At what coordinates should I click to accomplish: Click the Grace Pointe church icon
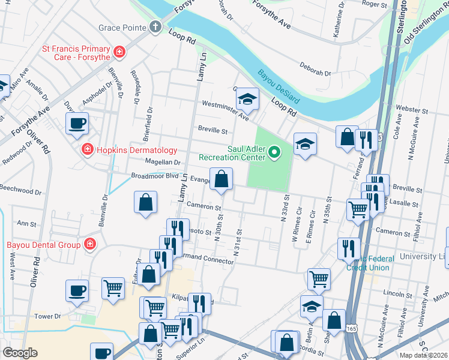pos(155,27)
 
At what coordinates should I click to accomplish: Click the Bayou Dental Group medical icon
pos(89,244)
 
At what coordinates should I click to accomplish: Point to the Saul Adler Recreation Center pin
pos(274,152)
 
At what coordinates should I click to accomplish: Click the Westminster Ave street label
pos(225,110)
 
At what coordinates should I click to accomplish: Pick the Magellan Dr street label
pos(162,162)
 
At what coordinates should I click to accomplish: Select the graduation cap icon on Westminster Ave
pos(247,99)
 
